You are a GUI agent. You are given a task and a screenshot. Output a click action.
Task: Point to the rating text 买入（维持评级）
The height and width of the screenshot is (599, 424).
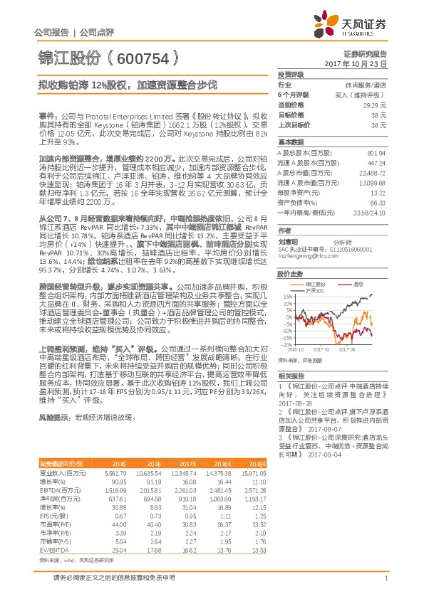click(362, 94)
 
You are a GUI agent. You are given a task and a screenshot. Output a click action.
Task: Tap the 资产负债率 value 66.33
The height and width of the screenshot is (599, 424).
click(378, 203)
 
